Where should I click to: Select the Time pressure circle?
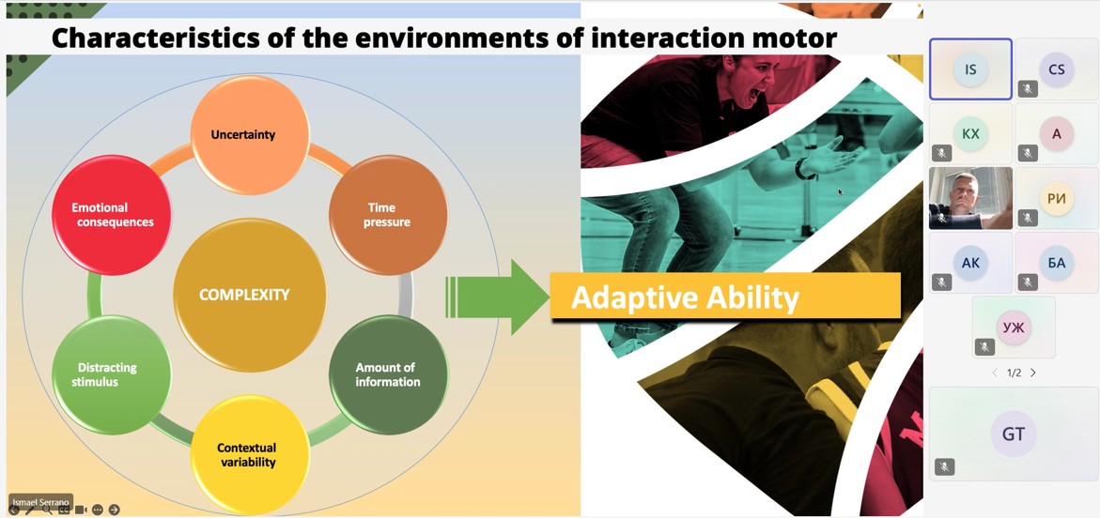(x=387, y=215)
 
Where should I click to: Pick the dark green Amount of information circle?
(x=387, y=374)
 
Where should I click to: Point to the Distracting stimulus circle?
(x=111, y=374)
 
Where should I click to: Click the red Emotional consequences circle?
(x=112, y=215)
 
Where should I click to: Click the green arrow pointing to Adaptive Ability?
(x=498, y=297)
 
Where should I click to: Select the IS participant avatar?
(x=970, y=69)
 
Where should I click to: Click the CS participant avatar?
(x=1057, y=69)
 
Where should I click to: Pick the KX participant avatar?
(x=970, y=134)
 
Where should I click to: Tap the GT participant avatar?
(x=1013, y=434)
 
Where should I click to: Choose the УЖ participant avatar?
(x=1013, y=328)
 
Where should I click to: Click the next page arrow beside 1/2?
(x=1033, y=373)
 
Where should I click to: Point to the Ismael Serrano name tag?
(x=41, y=501)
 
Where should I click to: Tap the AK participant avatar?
(x=970, y=263)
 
